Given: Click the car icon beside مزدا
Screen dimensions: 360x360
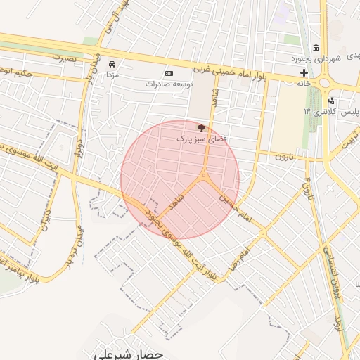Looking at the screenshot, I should coord(112,63).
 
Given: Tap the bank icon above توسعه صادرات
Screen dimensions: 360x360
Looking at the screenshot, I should coord(169,73).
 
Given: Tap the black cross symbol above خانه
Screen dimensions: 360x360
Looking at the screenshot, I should coord(304,72).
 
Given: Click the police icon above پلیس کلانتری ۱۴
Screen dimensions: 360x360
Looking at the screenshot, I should coord(331,101).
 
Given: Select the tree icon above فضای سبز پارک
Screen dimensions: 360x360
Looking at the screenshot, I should coord(202,129).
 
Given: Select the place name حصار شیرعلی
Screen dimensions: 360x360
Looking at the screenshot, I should coord(129,354).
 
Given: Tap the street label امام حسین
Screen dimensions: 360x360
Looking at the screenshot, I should coord(236,205).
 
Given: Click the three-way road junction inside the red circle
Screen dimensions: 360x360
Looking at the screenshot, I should coord(203,176).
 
